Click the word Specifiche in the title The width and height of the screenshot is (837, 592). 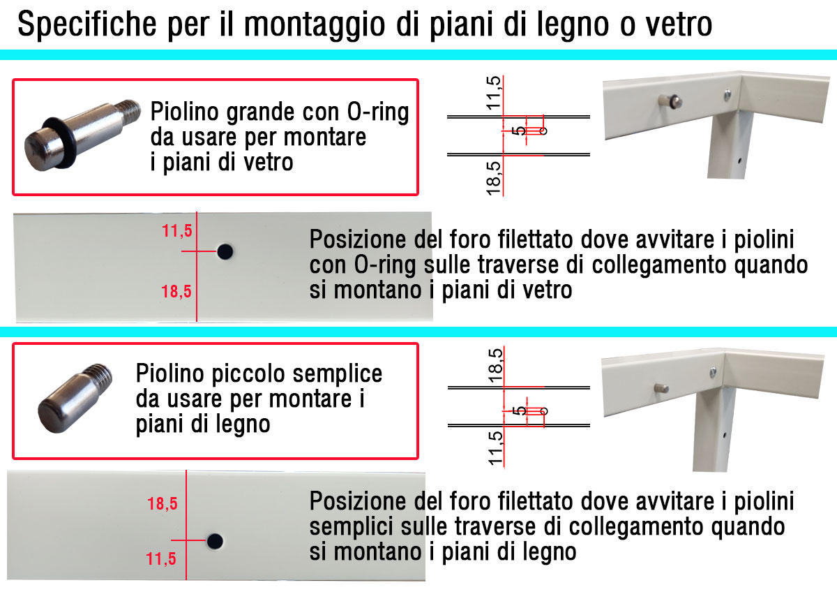(86, 24)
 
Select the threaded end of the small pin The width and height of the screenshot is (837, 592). (98, 378)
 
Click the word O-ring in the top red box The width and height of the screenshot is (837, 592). (378, 112)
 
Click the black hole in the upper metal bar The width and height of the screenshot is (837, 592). (225, 252)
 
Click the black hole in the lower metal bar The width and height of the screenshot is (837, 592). (215, 541)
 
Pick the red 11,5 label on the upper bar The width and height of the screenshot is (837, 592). (176, 231)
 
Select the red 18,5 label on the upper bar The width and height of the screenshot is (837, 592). (176, 292)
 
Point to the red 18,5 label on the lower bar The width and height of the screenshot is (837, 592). (162, 504)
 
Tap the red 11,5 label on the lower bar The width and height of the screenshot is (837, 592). (161, 559)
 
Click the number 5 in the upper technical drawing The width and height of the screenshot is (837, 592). (519, 131)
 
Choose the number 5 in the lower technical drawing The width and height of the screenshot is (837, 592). (520, 411)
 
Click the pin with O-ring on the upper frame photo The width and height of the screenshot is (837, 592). (670, 101)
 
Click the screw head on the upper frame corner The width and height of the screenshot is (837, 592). (727, 95)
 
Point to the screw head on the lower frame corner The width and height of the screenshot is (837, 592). (713, 371)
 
